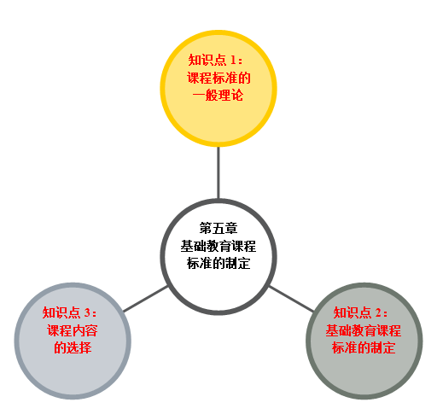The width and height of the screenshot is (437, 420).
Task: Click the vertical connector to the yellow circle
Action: tap(218, 172)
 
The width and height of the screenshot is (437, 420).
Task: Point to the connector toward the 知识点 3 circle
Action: tap(146, 299)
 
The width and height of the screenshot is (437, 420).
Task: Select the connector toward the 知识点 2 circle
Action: tap(291, 299)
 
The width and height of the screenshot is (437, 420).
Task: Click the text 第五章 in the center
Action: tap(218, 228)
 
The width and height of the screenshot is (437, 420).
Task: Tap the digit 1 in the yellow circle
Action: tap(234, 60)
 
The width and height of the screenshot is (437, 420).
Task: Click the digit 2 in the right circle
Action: tap(378, 312)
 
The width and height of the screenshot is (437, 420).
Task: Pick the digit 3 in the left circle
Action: tap(87, 312)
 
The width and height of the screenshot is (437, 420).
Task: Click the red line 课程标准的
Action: tap(218, 78)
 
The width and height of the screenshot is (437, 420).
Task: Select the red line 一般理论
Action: tap(218, 95)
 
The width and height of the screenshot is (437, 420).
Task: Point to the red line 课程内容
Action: tap(73, 330)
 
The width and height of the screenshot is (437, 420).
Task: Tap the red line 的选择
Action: tap(73, 347)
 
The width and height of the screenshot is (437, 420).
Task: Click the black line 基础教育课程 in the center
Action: tap(218, 246)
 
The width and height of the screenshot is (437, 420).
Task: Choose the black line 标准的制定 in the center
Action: tap(218, 263)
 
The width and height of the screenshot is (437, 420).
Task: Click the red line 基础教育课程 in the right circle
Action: tap(364, 330)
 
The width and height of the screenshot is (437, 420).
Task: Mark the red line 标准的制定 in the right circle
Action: tap(364, 347)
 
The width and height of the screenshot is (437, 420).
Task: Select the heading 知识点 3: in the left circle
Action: tap(70, 312)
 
